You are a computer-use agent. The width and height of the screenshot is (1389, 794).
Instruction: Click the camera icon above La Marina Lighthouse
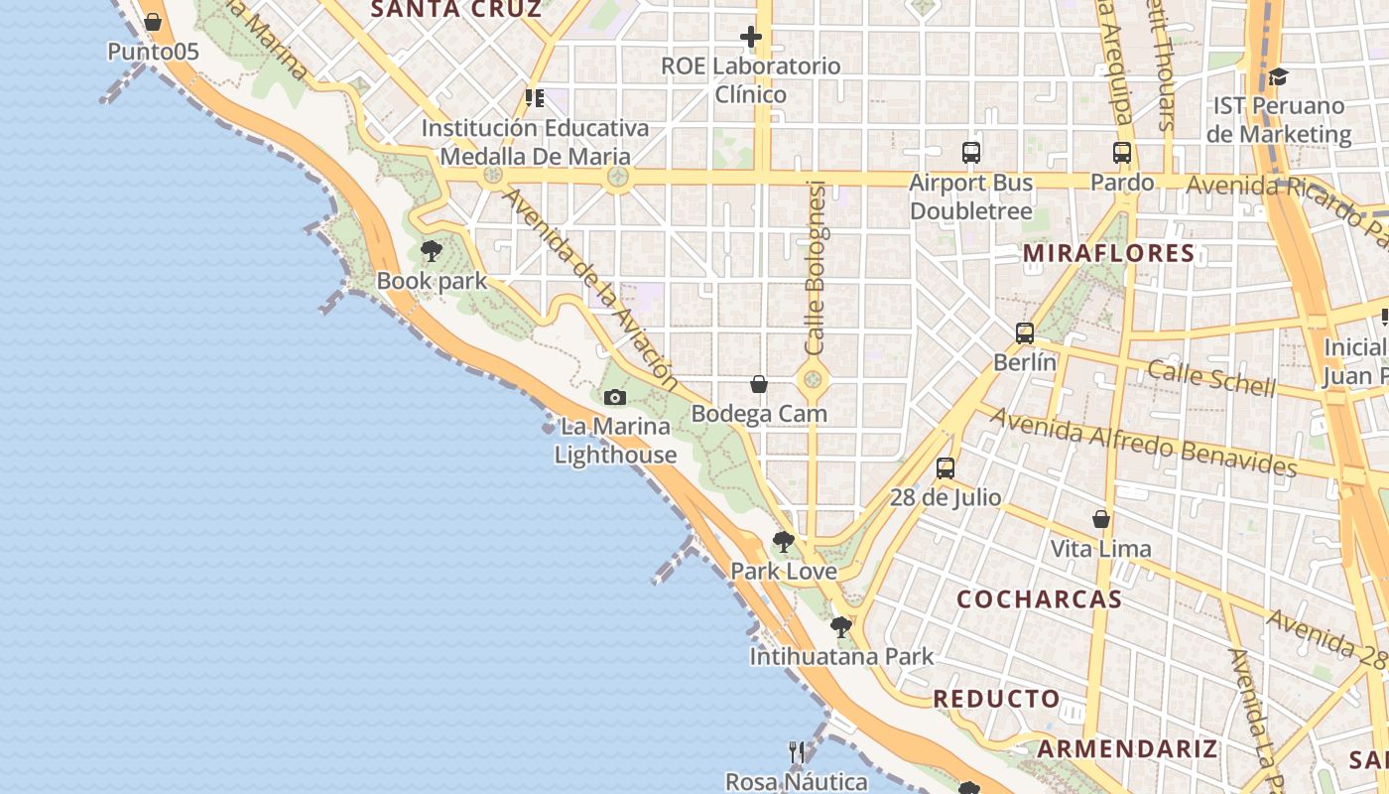615,398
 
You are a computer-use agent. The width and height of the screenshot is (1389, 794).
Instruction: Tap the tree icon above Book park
431,250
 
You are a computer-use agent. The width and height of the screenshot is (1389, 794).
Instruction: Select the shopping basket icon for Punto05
152,22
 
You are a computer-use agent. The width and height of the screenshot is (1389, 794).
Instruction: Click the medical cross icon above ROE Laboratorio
751,38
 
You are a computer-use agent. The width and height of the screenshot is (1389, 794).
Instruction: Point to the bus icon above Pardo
1122,153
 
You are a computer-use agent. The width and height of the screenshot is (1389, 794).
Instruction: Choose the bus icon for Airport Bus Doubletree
971,153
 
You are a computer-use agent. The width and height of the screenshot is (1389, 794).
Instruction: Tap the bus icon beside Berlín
1025,333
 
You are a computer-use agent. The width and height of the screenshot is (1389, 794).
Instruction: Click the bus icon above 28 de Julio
946,468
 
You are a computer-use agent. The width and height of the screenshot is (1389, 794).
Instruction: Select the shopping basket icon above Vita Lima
1101,519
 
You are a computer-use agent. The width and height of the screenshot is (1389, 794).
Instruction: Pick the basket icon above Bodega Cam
759,384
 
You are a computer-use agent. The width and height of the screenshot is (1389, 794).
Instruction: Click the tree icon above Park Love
783,542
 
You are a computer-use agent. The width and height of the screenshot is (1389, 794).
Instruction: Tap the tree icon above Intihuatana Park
840,627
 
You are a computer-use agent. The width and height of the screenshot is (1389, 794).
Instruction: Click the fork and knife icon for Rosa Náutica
797,752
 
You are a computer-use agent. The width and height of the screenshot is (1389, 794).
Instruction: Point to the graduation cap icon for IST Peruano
1278,76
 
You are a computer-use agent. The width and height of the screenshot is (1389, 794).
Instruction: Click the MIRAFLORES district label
1109,253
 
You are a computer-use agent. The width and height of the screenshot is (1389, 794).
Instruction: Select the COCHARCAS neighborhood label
1039,599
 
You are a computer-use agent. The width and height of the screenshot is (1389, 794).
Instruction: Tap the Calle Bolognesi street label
816,268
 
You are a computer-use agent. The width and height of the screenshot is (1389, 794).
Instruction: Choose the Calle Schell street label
1210,377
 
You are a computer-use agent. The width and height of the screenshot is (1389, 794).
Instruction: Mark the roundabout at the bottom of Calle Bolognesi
813,379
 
